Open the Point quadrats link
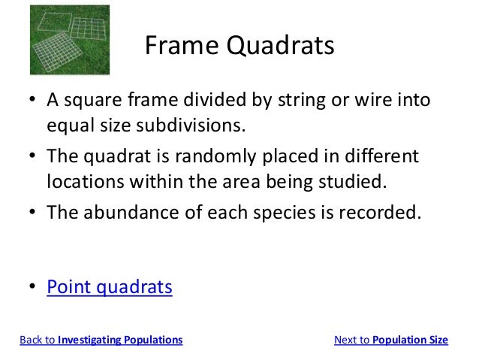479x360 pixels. (x=110, y=286)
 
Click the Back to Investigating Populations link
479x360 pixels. (x=101, y=340)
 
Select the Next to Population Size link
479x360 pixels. (x=390, y=340)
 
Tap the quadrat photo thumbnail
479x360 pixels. (x=69, y=40)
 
